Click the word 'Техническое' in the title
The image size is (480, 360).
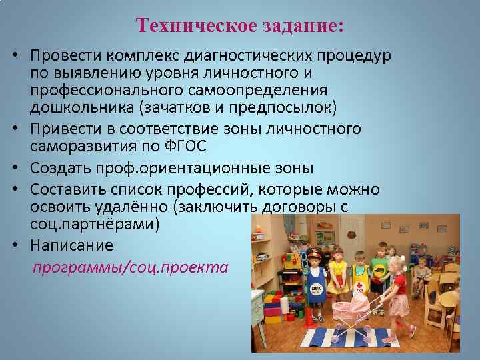coord(188,26)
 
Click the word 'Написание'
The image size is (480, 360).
coord(71,245)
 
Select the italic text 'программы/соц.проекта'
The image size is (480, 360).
coord(131,267)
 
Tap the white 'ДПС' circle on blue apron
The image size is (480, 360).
coord(316,288)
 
